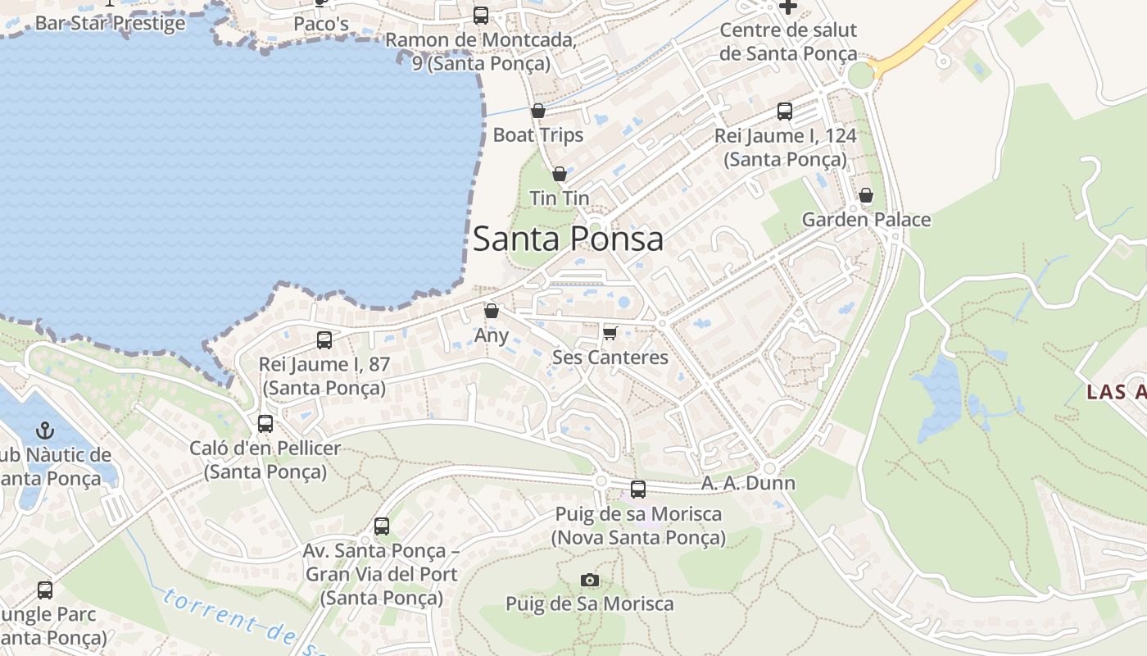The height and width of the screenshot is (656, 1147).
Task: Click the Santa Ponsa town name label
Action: click(x=568, y=239)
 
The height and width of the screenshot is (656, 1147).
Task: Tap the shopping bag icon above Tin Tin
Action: click(x=560, y=174)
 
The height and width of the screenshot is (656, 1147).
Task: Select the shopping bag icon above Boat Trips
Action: click(x=538, y=111)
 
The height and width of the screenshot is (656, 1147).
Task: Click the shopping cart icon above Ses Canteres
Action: click(x=610, y=332)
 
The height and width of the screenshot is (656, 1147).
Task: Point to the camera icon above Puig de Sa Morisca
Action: click(x=589, y=581)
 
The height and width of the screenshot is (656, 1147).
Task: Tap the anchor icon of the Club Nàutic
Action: click(x=46, y=430)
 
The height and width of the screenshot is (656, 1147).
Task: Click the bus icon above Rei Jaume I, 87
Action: click(x=324, y=339)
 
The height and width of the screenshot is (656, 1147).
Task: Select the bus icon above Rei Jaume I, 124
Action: click(x=785, y=112)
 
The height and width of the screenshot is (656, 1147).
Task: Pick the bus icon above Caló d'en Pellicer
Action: click(x=265, y=424)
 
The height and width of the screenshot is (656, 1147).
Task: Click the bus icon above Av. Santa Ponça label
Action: click(x=382, y=526)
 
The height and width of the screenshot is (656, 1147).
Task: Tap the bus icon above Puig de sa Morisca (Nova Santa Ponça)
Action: click(x=638, y=490)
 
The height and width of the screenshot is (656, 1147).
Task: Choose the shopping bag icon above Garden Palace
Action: click(x=866, y=195)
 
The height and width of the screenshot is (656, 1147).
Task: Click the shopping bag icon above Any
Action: click(x=492, y=311)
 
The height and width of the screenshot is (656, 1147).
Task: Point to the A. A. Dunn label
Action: click(x=748, y=483)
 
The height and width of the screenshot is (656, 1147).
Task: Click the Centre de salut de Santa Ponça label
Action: click(x=788, y=42)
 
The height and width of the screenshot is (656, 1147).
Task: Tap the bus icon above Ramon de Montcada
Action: click(x=481, y=15)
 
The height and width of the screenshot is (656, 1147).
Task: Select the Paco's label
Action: click(x=321, y=24)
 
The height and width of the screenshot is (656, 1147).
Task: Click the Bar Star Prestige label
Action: click(x=111, y=22)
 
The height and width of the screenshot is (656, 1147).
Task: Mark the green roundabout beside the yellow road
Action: click(x=861, y=75)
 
